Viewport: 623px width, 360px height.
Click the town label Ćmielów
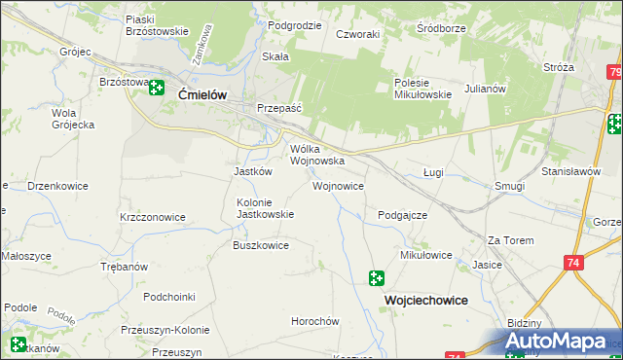(x=202, y=94)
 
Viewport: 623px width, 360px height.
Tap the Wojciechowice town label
(x=423, y=301)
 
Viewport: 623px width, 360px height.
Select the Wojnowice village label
(x=338, y=185)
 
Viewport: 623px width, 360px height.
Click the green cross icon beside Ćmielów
(x=157, y=89)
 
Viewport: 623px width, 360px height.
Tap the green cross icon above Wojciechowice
(x=377, y=279)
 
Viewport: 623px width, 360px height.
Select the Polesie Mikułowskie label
(x=422, y=89)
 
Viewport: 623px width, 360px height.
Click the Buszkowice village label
(x=260, y=245)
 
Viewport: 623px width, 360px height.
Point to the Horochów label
(x=314, y=321)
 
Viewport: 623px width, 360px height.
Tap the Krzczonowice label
(x=152, y=217)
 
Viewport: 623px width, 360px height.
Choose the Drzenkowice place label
(x=58, y=185)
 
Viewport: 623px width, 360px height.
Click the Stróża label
(x=559, y=67)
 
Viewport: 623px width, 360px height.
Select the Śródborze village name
(x=440, y=27)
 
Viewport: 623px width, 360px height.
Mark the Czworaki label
(x=357, y=33)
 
